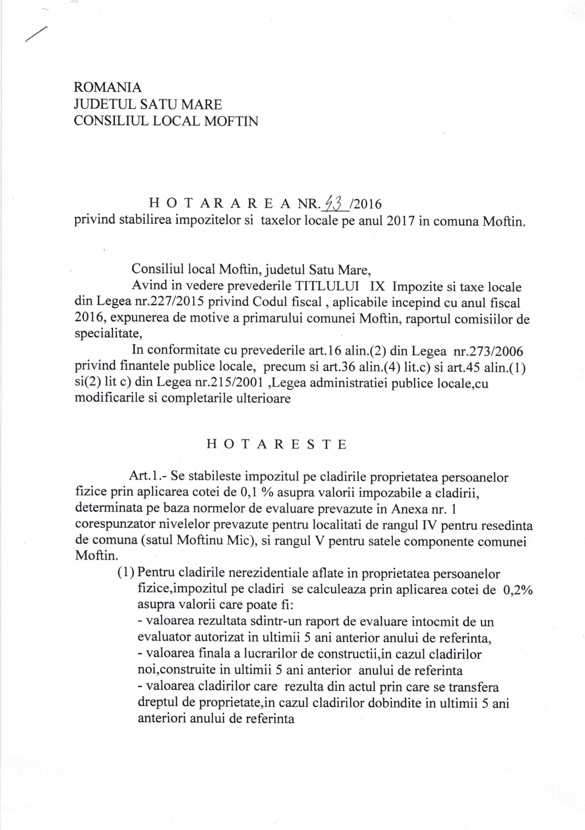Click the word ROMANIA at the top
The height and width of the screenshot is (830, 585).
(x=107, y=87)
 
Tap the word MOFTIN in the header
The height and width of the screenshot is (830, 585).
(x=231, y=121)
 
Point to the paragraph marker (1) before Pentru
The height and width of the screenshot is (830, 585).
(x=127, y=573)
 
